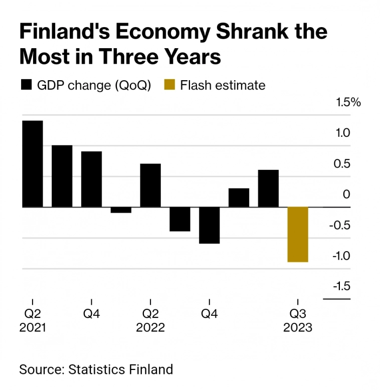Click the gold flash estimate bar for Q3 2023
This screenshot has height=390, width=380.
click(297, 234)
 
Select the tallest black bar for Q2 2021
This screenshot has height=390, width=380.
click(32, 163)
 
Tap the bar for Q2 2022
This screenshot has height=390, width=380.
click(150, 185)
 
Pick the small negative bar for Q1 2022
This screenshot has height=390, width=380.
click(121, 210)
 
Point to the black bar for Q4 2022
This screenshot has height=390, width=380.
click(209, 225)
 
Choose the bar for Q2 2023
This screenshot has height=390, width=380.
click(268, 188)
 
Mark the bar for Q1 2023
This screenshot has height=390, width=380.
click(239, 198)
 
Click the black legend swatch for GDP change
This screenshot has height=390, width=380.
click(26, 85)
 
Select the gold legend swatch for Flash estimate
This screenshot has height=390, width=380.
click(169, 85)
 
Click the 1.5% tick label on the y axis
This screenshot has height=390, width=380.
click(348, 102)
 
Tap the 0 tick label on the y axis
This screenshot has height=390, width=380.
click(346, 194)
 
